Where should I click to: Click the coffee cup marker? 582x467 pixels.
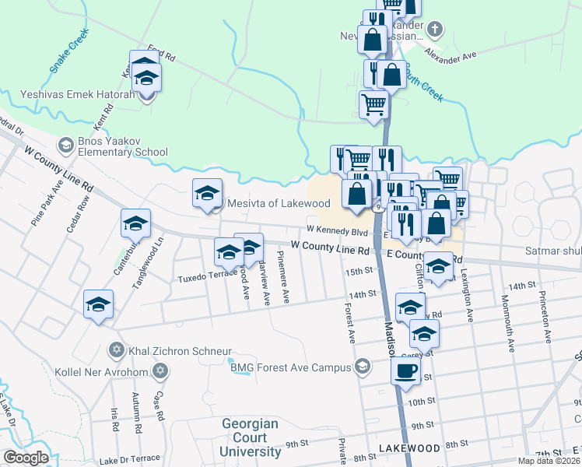click(405, 372)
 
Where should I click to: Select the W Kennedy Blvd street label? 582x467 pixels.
click(336, 230)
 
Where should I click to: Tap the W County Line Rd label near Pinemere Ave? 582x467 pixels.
click(330, 247)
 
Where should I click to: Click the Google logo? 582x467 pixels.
click(26, 457)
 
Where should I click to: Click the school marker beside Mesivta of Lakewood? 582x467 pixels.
click(208, 194)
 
